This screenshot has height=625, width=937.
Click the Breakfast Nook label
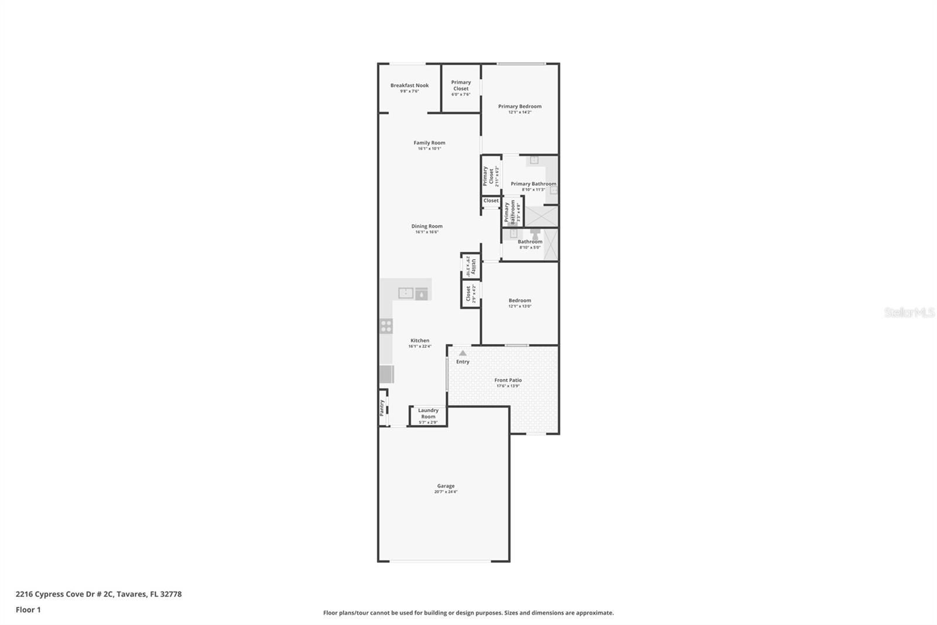point(409,86)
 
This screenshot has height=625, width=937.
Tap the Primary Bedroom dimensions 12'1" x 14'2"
point(519,112)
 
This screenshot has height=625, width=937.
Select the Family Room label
point(429,142)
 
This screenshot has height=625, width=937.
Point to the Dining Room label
point(426,226)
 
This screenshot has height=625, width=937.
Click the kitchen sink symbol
point(406,293)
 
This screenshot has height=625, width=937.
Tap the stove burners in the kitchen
point(386,326)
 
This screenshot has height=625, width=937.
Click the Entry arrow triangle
point(463,353)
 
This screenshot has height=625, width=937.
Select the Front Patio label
point(508,380)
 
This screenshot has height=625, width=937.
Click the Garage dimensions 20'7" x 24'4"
point(446,492)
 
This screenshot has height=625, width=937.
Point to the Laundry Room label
point(428,413)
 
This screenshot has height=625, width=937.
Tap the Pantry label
point(382,407)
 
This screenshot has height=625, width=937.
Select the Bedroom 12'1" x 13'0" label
point(519,301)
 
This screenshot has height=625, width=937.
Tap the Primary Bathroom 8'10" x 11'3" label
point(533,184)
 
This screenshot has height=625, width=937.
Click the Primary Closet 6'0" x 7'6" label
point(461,86)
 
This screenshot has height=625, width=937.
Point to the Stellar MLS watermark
point(909,312)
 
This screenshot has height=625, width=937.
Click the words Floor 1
point(28,610)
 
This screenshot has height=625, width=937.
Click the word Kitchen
point(419,341)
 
